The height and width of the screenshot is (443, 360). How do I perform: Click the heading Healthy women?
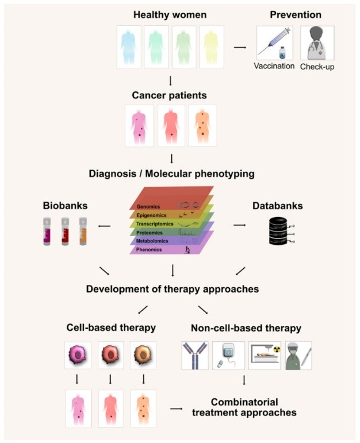click(x=170, y=13)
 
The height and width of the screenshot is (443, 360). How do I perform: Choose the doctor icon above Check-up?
click(x=318, y=43)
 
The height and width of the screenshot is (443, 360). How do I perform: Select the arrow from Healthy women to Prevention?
click(x=239, y=47)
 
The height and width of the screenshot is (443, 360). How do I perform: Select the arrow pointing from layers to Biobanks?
click(x=105, y=226)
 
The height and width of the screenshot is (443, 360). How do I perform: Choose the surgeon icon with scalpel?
click(x=298, y=356)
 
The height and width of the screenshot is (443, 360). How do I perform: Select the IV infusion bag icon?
click(x=228, y=356)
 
